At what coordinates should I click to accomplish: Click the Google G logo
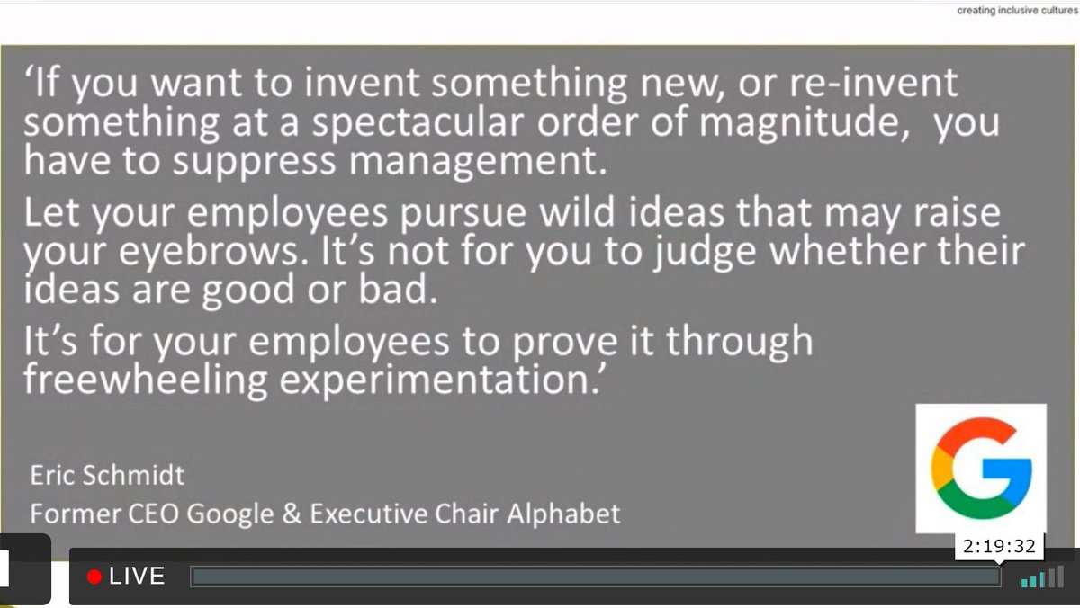(981, 469)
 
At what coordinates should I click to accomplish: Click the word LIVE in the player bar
(137, 577)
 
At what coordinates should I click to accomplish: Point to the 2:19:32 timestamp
(998, 546)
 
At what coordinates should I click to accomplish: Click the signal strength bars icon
(1042, 577)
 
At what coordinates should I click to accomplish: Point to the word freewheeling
(146, 381)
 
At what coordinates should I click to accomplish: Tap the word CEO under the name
(132, 514)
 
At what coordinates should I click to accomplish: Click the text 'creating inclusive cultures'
(1017, 11)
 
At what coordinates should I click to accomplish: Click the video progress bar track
(594, 577)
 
